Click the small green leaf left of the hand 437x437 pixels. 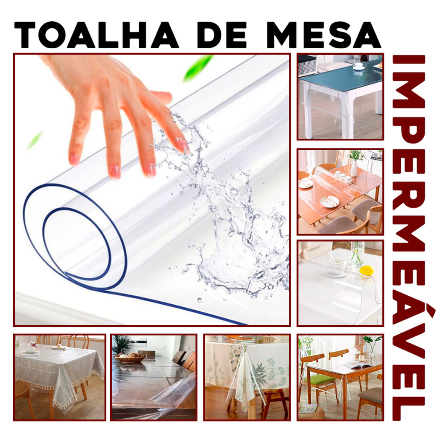click(x=35, y=140)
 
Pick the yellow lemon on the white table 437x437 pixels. click(x=366, y=270)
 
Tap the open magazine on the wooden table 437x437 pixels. click(x=357, y=364)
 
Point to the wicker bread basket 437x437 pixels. click(x=130, y=358)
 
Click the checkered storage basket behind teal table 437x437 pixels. click(x=307, y=65)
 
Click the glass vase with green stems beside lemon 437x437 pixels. click(x=357, y=254)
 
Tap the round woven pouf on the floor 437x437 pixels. click(x=311, y=412)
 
